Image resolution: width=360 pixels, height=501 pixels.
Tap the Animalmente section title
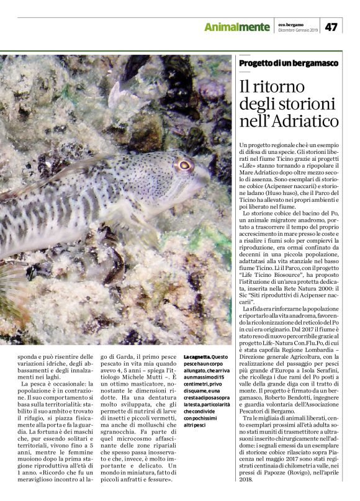point(237,27)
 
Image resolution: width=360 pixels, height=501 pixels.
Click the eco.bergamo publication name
point(290,24)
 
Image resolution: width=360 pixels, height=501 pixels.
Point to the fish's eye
point(184,165)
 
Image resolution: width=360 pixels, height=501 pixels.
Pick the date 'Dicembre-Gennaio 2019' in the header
point(297,30)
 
